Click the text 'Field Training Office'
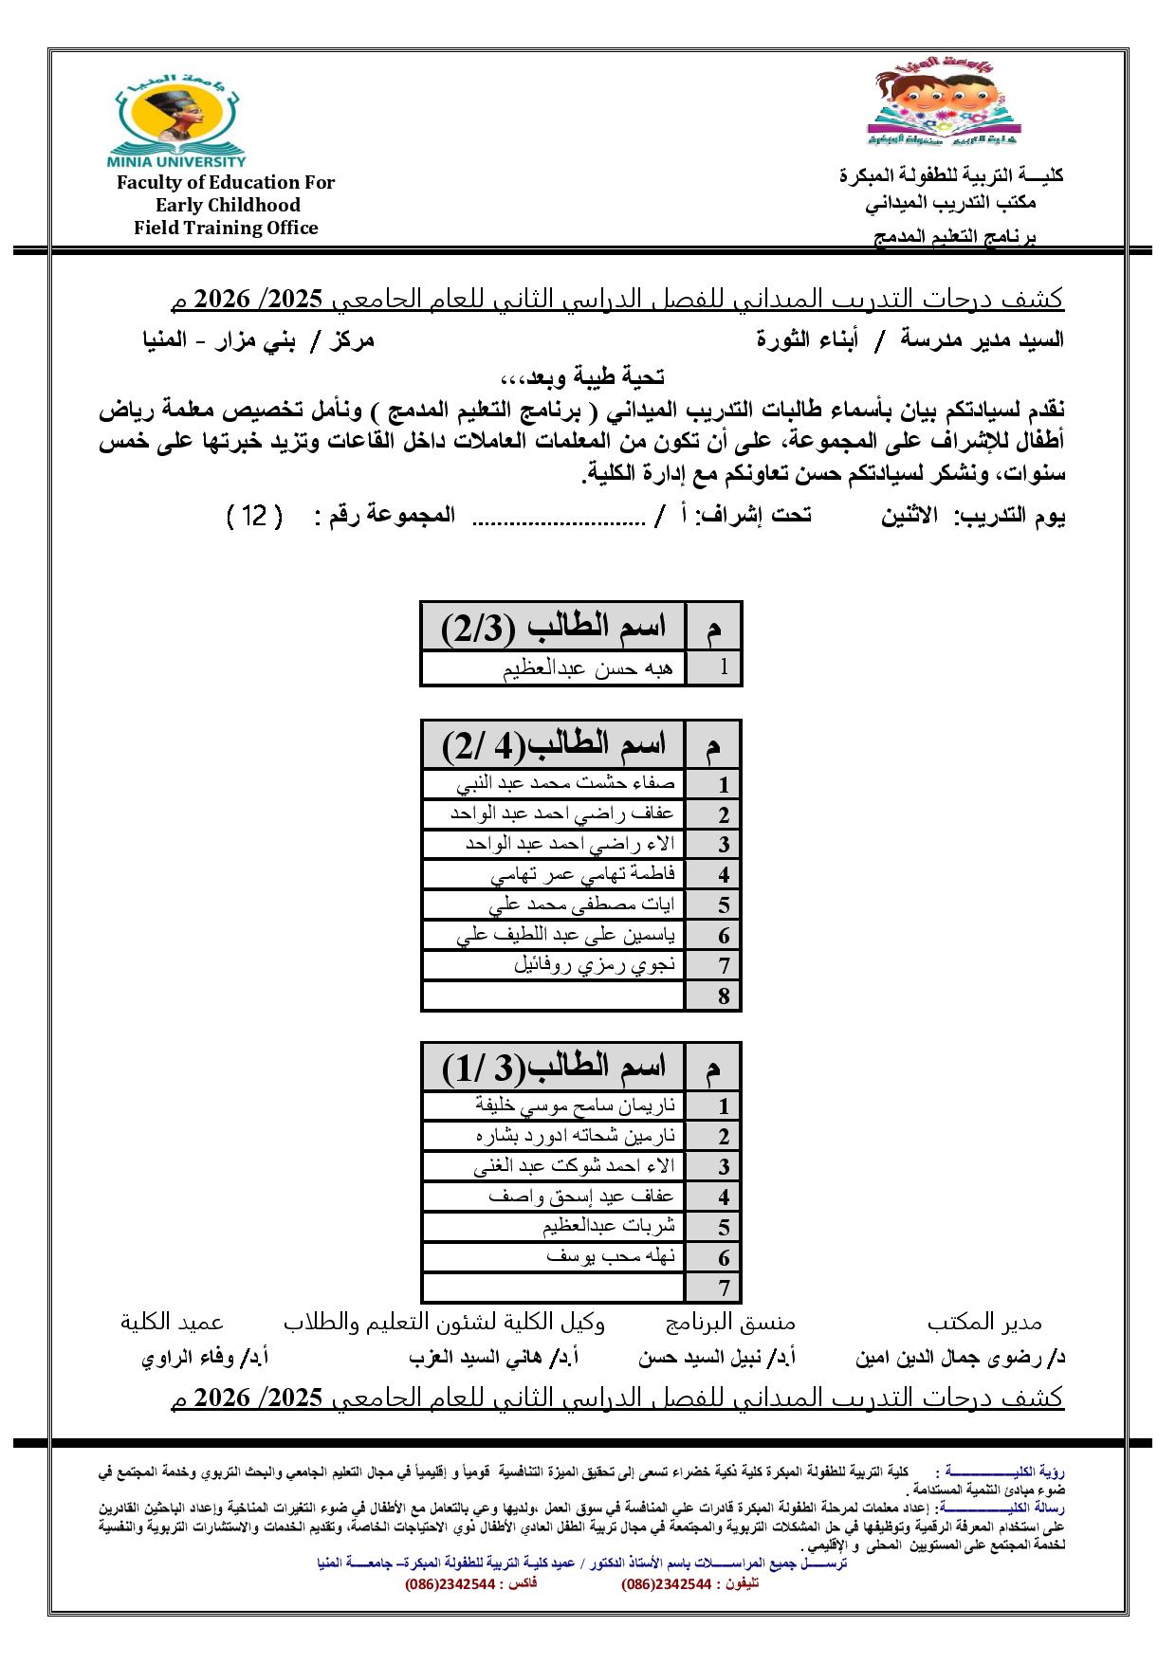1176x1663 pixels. pyautogui.click(x=226, y=228)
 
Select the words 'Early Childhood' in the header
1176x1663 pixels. pyautogui.click(x=228, y=205)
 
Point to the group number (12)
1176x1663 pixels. pyautogui.click(x=255, y=517)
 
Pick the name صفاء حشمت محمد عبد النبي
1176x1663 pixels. pyautogui.click(x=567, y=784)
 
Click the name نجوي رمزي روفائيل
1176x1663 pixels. pyautogui.click(x=595, y=965)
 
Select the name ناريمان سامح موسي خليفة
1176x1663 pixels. pyautogui.click(x=576, y=1106)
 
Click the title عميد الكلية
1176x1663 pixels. pyautogui.click(x=172, y=1322)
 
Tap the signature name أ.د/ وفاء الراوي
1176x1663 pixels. pyautogui.click(x=205, y=1358)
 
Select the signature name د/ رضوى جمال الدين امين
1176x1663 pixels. pyautogui.click(x=960, y=1358)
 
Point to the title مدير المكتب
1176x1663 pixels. pyautogui.click(x=983, y=1322)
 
